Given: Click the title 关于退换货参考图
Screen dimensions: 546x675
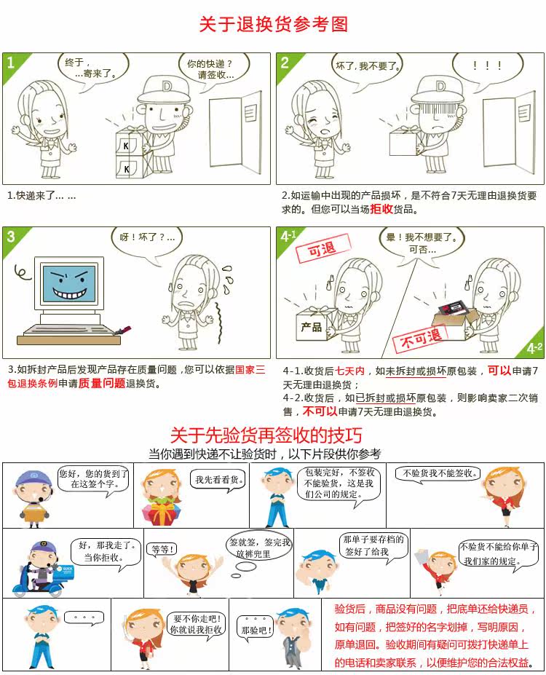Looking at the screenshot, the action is pos(274,24).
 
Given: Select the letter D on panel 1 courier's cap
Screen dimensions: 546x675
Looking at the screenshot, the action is pos(167,87).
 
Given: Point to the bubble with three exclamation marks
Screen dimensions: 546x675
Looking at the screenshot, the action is pos(488,68).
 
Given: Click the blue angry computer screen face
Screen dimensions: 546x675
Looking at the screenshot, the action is pos(70,283).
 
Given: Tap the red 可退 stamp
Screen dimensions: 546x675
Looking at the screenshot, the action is pos(323,248).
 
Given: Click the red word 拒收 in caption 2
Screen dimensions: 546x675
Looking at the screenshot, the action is pos(381,209).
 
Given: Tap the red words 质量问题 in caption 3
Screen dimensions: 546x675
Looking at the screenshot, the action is pos(101,383).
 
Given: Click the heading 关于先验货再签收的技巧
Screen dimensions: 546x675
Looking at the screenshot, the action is pos(266,435).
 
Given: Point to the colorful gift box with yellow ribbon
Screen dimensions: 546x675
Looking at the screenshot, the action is pos(162,512).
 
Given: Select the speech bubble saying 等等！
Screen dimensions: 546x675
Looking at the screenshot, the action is pos(162,550).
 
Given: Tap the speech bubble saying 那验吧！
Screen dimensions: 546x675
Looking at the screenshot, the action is pos(256,628).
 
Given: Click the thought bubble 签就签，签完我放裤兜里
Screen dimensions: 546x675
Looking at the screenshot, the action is pos(259,546).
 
